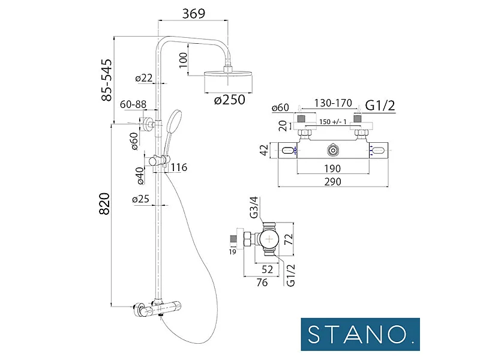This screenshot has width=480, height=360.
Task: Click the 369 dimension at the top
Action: (193, 14)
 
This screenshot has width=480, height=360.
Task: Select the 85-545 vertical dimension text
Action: (107, 80)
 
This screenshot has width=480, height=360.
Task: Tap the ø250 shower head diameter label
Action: (230, 100)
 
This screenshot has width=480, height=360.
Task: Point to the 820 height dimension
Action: (104, 203)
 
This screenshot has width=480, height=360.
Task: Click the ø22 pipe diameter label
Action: (144, 78)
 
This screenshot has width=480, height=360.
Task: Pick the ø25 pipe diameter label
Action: (141, 199)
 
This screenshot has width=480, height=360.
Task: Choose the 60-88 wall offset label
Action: (133, 104)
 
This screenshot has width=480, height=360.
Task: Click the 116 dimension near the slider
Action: (179, 167)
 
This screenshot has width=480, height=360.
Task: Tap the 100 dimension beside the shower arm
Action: (183, 60)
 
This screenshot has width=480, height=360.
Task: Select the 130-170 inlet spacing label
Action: (333, 103)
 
